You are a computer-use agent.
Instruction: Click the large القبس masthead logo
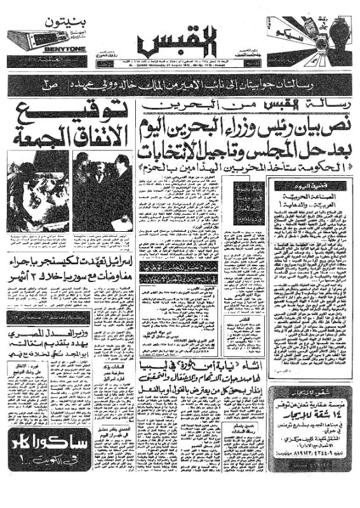click(180, 44)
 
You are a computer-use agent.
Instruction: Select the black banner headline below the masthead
click(180, 83)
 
